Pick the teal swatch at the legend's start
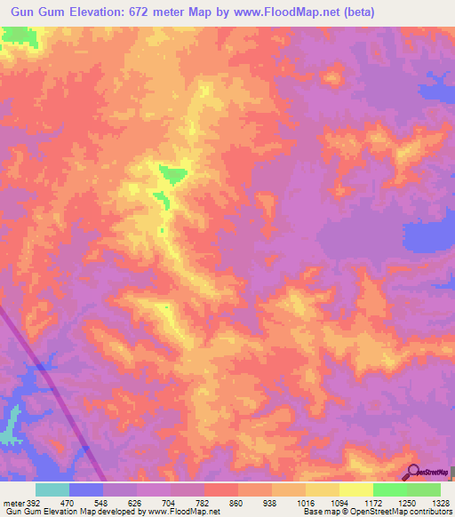point(52,489)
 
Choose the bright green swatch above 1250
point(389,489)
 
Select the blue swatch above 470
point(86,489)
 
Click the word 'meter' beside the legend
point(12,503)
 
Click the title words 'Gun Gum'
point(38,12)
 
